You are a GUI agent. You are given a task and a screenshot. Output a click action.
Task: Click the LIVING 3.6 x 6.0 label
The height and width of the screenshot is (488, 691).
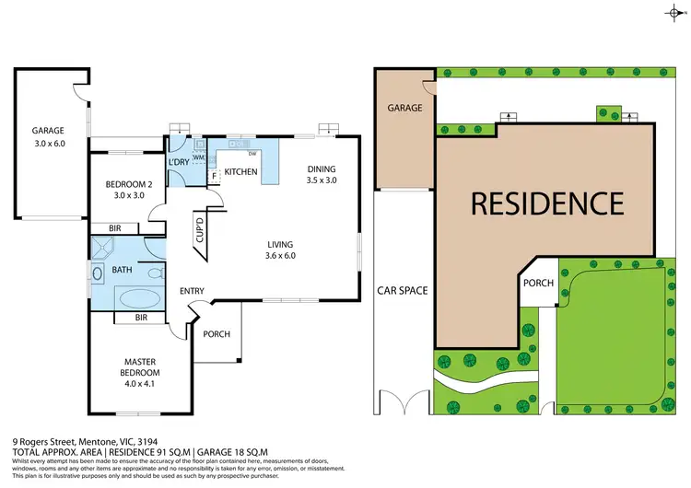point(280,250)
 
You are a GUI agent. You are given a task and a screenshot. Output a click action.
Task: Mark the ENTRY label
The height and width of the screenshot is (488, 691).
point(192,292)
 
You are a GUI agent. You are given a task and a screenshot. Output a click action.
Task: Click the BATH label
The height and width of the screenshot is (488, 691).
point(122,271)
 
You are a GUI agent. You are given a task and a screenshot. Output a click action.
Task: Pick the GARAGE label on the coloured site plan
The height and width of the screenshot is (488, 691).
point(404,108)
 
